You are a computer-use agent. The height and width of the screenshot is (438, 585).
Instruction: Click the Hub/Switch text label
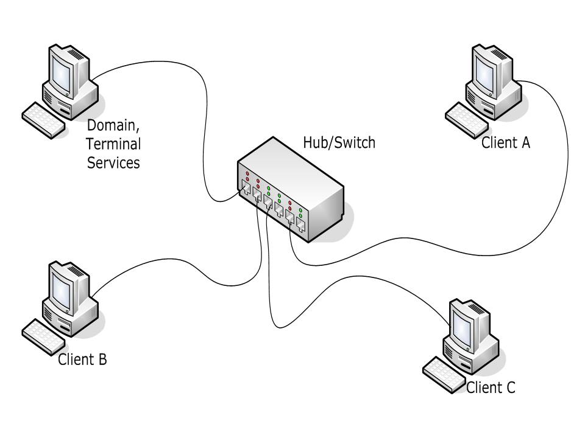click(x=339, y=143)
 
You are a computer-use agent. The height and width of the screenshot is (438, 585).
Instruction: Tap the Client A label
click(x=506, y=143)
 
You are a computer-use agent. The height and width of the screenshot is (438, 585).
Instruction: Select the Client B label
click(x=82, y=359)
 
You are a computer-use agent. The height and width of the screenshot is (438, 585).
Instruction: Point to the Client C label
click(x=491, y=387)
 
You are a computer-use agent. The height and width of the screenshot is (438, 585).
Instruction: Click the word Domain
click(x=113, y=127)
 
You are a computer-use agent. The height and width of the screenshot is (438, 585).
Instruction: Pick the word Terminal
click(x=113, y=145)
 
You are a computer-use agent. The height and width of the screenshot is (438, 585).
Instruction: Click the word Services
click(x=113, y=163)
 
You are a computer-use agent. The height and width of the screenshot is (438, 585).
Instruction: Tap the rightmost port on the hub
click(x=301, y=226)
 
